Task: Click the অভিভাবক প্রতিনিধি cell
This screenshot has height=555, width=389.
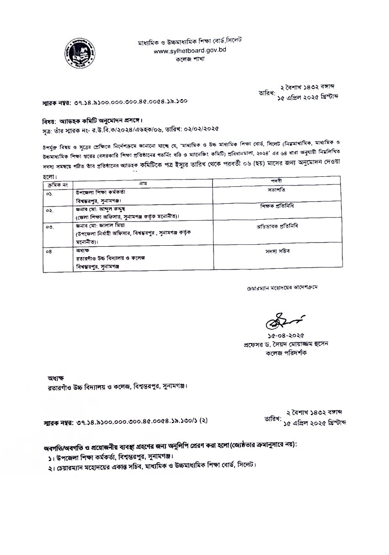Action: tap(275, 227)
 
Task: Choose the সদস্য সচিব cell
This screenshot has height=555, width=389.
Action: tap(275, 251)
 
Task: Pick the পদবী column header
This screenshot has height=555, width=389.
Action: tap(275, 181)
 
